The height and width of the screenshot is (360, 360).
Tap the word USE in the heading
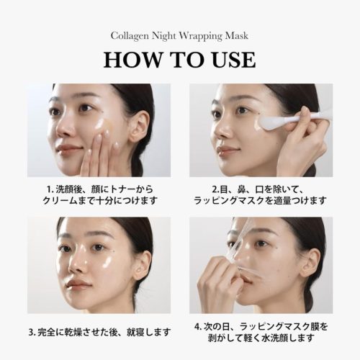[234, 60]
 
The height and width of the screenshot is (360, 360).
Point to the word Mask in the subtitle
[237, 35]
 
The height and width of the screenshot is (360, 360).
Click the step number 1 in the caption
[49, 189]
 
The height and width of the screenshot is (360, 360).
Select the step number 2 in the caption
[215, 189]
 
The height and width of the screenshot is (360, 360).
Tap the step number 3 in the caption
[32, 333]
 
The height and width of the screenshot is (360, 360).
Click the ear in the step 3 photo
[142, 265]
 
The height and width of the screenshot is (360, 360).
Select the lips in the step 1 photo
[68, 149]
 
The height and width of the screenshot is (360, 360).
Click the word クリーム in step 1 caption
[60, 201]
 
